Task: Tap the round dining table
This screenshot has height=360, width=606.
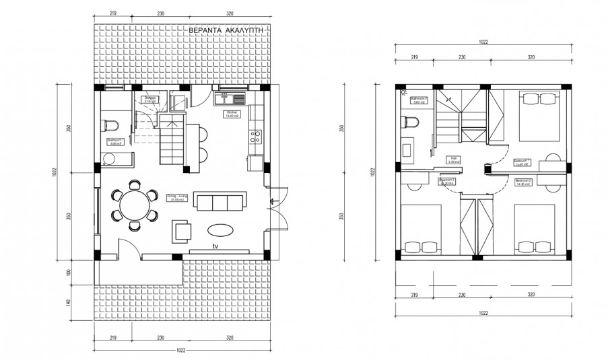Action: pos(134,203)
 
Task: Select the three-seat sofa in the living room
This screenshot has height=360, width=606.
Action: pos(220,202)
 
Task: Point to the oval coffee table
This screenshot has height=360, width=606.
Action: pos(222,229)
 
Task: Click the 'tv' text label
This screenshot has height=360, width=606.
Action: pos(215,247)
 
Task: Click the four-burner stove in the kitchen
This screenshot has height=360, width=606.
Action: pos(256,137)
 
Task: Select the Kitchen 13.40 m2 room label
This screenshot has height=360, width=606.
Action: pos(233,114)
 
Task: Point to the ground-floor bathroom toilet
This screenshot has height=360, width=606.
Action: pos(112,125)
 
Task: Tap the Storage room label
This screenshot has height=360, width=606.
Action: pos(149,99)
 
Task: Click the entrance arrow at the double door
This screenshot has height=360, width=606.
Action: pos(271,201)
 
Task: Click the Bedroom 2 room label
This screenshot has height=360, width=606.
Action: pos(523,181)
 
